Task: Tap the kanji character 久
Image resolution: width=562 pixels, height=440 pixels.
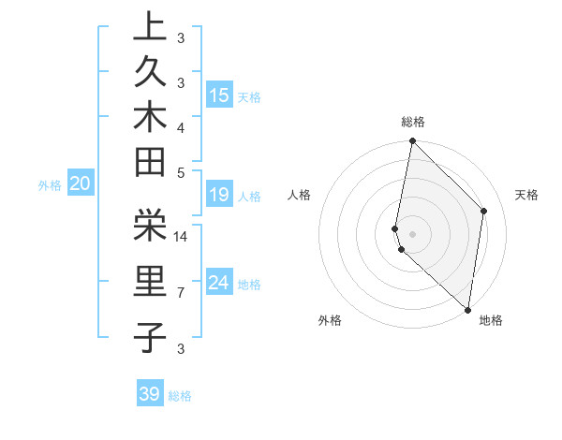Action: coord(150,71)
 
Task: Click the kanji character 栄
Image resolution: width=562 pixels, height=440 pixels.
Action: coord(150,224)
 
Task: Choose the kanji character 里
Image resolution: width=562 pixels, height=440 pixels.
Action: coord(150,281)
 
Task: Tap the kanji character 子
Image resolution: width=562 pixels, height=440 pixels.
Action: coord(150,336)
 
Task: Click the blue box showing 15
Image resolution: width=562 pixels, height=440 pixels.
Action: coord(219,95)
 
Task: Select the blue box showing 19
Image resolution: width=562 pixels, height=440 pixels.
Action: coord(219,195)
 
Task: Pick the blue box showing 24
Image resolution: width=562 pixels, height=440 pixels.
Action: coord(219,283)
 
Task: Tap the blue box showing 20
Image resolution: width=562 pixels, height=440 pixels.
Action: coord(81,184)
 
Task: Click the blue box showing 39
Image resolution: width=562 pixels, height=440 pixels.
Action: coord(150,394)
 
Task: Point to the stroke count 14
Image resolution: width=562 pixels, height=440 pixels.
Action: coord(182,237)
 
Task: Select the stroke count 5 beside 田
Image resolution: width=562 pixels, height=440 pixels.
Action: coord(181,172)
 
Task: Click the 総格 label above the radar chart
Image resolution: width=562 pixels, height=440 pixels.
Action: coord(413,122)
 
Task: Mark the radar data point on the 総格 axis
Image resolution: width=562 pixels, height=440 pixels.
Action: coord(412,141)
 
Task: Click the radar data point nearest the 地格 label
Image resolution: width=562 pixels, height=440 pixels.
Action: coord(467,309)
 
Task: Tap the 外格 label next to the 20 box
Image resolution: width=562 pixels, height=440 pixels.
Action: coord(50,185)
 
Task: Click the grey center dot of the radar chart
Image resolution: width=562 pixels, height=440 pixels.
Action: coord(412,233)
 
